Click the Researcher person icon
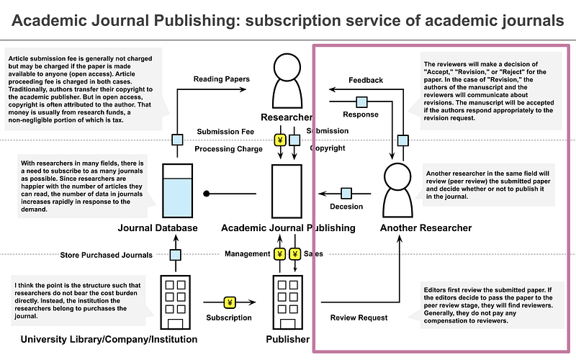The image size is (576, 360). coord(288,80)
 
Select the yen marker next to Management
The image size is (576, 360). coord(280,254)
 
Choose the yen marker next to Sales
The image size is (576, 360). coord(295,254)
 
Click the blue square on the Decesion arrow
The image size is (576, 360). coord(346,193)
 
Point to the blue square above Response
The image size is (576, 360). coord(361,101)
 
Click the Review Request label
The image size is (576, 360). coord(358,318)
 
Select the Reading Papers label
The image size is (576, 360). coord(222,80)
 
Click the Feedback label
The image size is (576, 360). coord(366,80)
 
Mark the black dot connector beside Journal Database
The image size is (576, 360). coord(206,194)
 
